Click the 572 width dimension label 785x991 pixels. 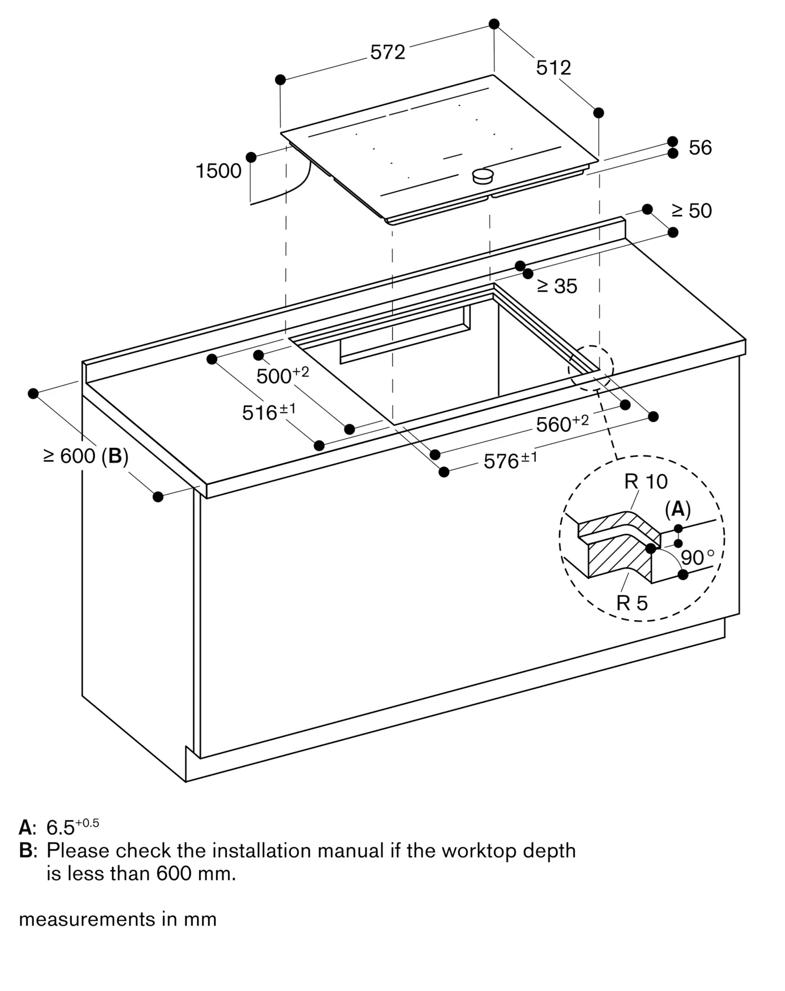pyautogui.click(x=387, y=52)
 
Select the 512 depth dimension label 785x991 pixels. pyautogui.click(x=553, y=68)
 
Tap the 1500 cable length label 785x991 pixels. pyautogui.click(x=218, y=171)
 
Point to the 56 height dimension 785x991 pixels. pyautogui.click(x=700, y=148)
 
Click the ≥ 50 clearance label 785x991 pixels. pyautogui.click(x=691, y=211)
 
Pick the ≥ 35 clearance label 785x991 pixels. pyautogui.click(x=557, y=286)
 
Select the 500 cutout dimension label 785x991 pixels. pyautogui.click(x=282, y=375)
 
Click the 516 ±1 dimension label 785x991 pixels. pyautogui.click(x=269, y=411)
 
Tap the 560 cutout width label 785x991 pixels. pyautogui.click(x=563, y=423)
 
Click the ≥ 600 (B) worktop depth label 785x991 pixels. pyautogui.click(x=86, y=456)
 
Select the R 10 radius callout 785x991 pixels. pyautogui.click(x=646, y=481)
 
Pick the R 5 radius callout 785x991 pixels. pyautogui.click(x=632, y=603)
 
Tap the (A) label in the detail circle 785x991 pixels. pyautogui.click(x=678, y=509)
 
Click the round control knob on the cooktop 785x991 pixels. pyautogui.click(x=483, y=175)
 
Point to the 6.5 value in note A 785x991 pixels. pyautogui.click(x=60, y=827)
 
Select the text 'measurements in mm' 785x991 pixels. pyautogui.click(x=118, y=919)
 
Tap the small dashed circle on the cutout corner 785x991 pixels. pyautogui.click(x=591, y=368)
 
